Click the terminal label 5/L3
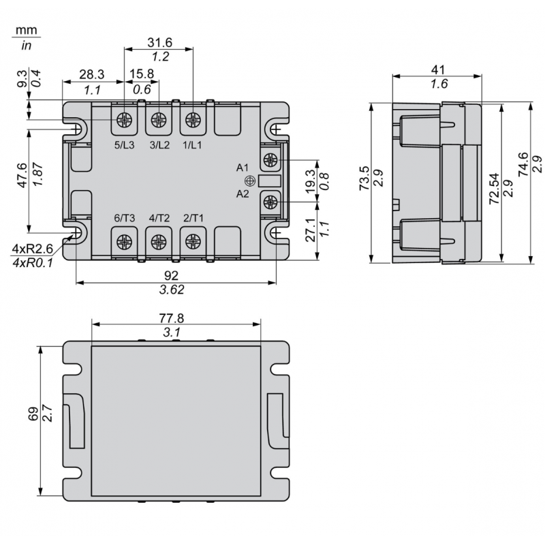(125, 144)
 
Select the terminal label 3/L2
(159, 144)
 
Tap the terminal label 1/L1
(193, 144)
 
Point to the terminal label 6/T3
(125, 218)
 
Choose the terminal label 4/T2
(159, 218)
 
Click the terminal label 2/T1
(193, 218)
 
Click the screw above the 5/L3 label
(125, 120)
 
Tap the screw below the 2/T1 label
(193, 240)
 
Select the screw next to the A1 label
(270, 160)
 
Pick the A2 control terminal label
(243, 194)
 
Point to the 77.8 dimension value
(172, 318)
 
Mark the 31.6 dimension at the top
(159, 42)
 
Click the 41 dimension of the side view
(439, 69)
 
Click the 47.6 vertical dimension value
(22, 176)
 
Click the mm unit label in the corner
(27, 31)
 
